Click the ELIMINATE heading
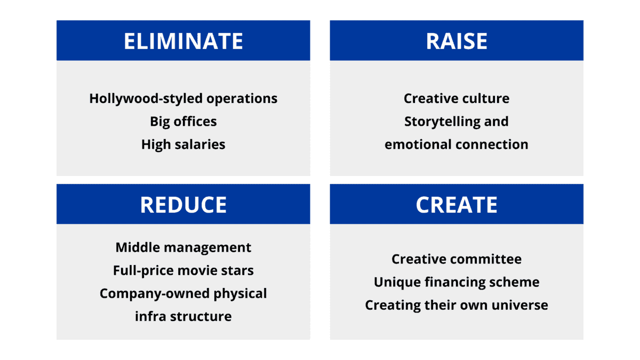click(183, 41)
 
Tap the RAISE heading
click(457, 41)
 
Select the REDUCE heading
click(183, 205)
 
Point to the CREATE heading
click(457, 205)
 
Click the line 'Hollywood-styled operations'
click(183, 99)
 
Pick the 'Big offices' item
click(183, 122)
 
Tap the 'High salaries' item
click(183, 145)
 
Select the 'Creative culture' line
click(457, 98)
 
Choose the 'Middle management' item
click(183, 247)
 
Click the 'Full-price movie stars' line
click(183, 270)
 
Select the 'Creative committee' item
click(457, 259)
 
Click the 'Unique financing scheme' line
click(457, 283)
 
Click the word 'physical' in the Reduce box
click(240, 294)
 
